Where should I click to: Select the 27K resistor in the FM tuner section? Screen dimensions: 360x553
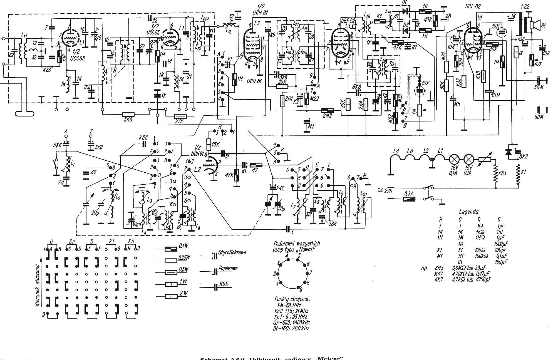pos(180,116)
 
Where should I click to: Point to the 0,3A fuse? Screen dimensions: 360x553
pos(409,199)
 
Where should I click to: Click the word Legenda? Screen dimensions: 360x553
pos(469,212)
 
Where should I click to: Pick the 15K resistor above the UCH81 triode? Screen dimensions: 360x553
pos(209,144)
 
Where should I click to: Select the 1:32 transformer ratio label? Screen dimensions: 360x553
pos(525,6)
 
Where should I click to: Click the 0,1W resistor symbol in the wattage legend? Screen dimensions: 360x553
pos(171,249)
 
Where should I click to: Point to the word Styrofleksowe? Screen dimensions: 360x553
pos(232,253)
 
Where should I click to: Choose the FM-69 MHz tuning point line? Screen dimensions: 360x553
pos(289,305)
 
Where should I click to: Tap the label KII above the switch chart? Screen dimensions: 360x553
pos(131,241)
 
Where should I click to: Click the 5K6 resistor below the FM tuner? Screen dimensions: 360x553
pos(128,114)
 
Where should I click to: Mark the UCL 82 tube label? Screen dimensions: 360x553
pos(473,6)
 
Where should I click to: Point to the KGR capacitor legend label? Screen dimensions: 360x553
pos(224,284)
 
